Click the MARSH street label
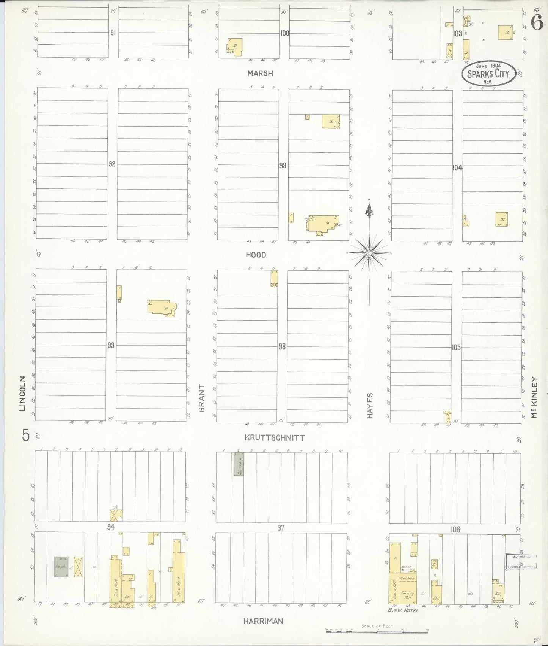pyautogui.click(x=260, y=73)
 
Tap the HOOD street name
pyautogui.click(x=256, y=255)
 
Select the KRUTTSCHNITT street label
pyautogui.click(x=275, y=437)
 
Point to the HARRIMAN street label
pyautogui.click(x=263, y=621)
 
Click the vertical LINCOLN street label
pyautogui.click(x=23, y=393)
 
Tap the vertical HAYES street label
pyautogui.click(x=370, y=405)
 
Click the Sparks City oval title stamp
pyautogui.click(x=488, y=73)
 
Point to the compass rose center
pyautogui.click(x=369, y=252)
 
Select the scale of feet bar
pyautogui.click(x=377, y=631)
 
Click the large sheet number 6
pyautogui.click(x=536, y=24)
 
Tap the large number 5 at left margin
pyautogui.click(x=25, y=435)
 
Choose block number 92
pyautogui.click(x=112, y=164)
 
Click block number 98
pyautogui.click(x=282, y=346)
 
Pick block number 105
pyautogui.click(x=456, y=347)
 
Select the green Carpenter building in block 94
pyautogui.click(x=61, y=566)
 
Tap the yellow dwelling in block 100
pyautogui.click(x=235, y=47)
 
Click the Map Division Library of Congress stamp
pyautogui.click(x=521, y=561)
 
